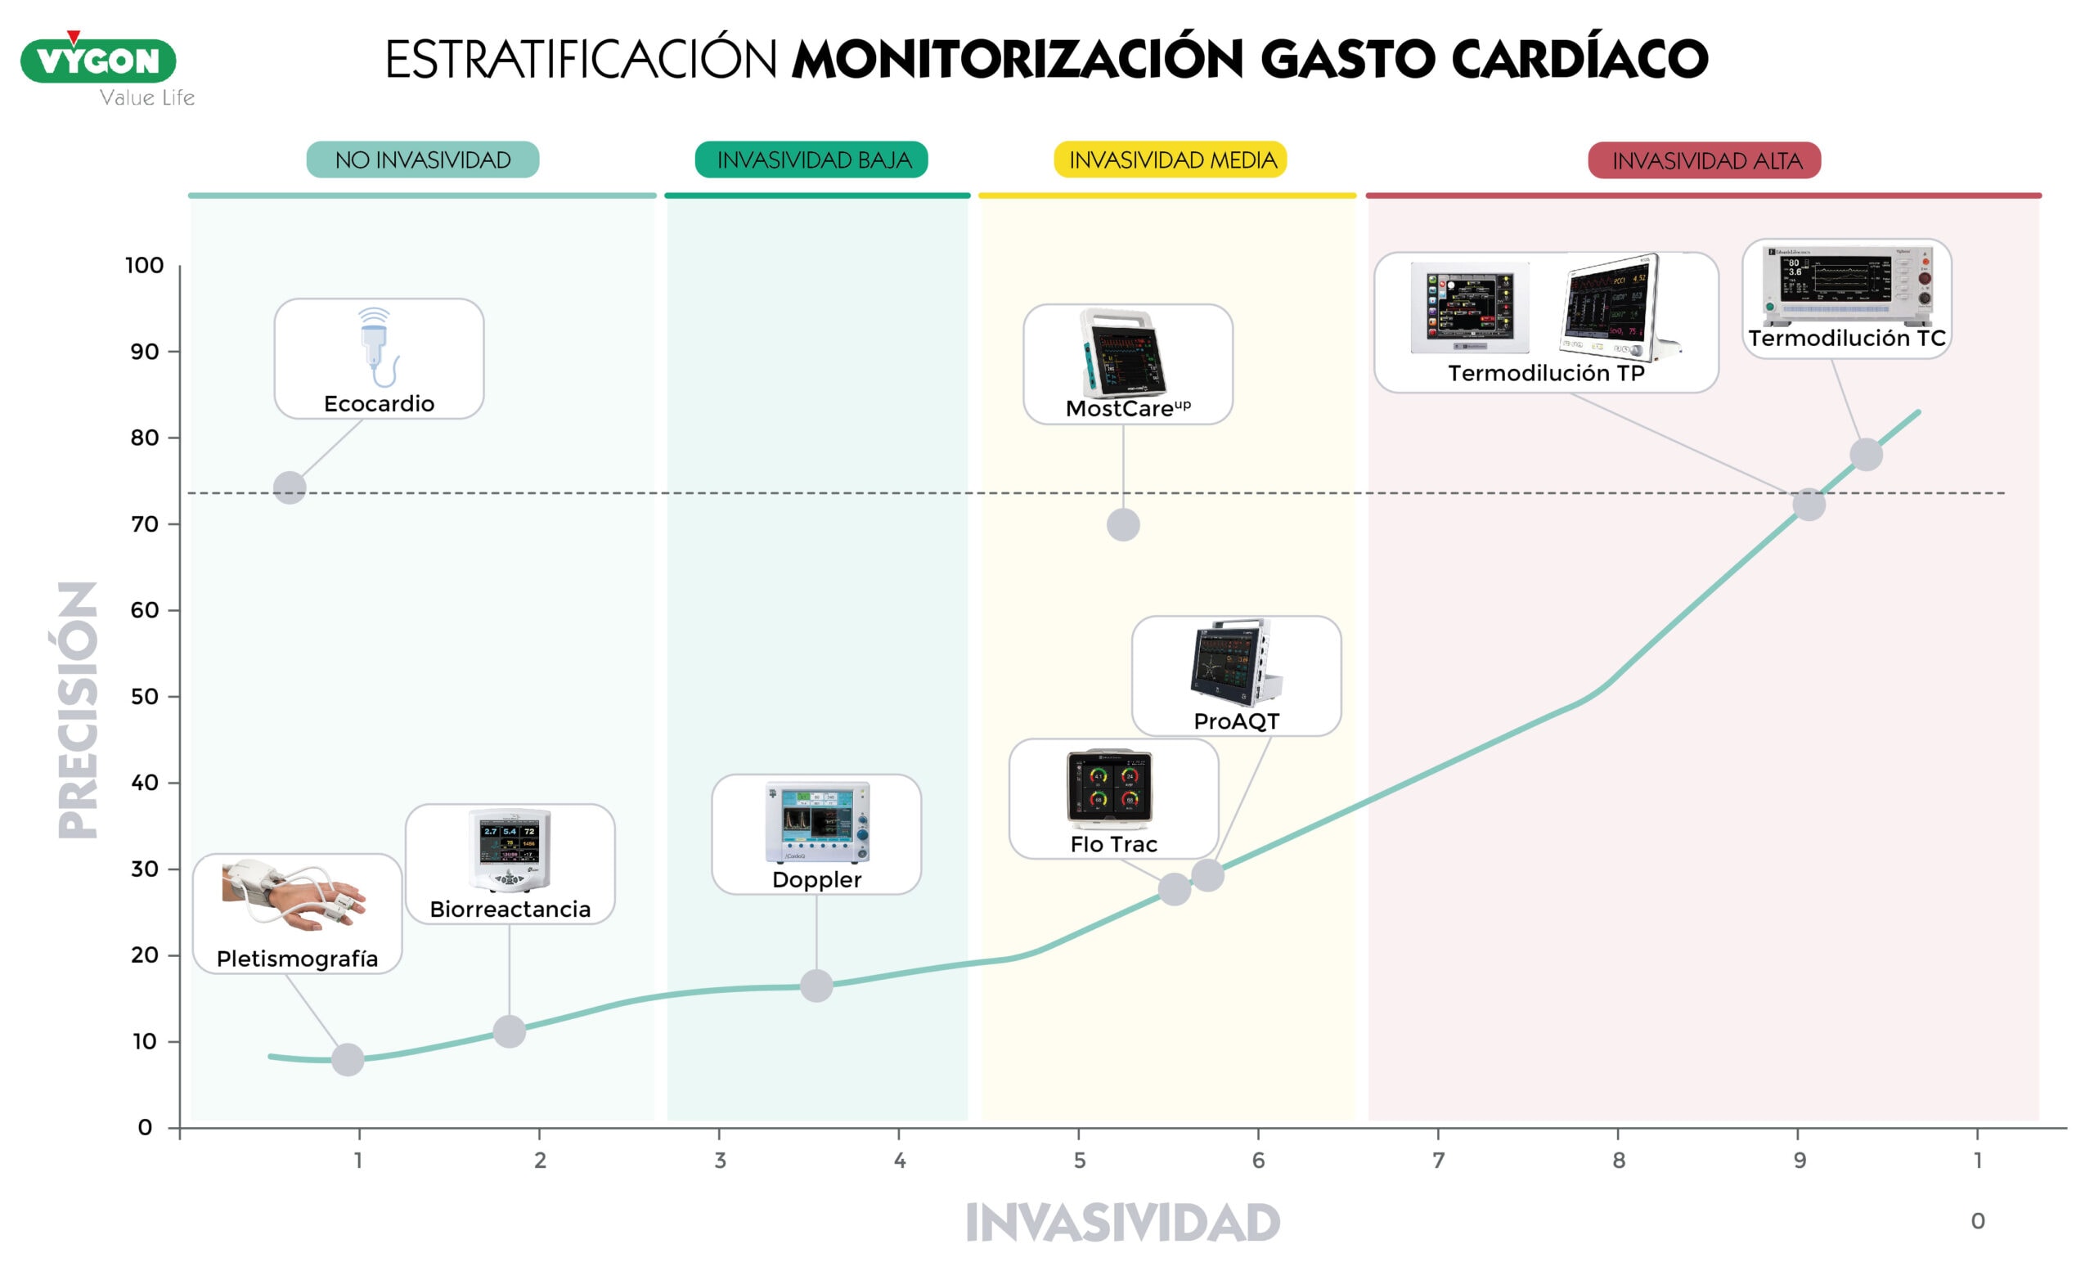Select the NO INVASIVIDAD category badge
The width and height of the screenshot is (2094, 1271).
tap(422, 159)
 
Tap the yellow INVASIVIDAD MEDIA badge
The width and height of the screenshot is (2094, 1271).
tap(1171, 159)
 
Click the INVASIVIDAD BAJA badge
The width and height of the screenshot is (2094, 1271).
tap(811, 159)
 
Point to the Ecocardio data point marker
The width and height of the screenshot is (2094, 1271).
tap(290, 487)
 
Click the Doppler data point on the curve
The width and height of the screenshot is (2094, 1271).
tap(816, 986)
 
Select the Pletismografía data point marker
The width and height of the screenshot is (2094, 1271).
tap(348, 1059)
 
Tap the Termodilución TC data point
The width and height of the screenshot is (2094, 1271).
tap(1866, 455)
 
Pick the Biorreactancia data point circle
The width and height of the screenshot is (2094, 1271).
tap(509, 1031)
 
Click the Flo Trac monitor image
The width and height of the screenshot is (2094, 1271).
tap(1110, 788)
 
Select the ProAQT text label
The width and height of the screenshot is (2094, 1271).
tap(1236, 721)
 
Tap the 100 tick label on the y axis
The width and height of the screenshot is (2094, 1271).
tap(145, 266)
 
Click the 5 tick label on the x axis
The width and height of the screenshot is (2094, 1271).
tap(1079, 1161)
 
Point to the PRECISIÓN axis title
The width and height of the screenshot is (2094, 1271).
tap(79, 709)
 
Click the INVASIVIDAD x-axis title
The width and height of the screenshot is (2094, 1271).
tap(1121, 1224)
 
